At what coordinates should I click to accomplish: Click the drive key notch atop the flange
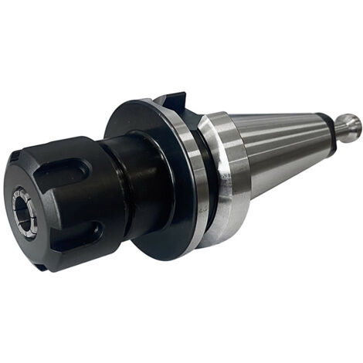click(x=171, y=103)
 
